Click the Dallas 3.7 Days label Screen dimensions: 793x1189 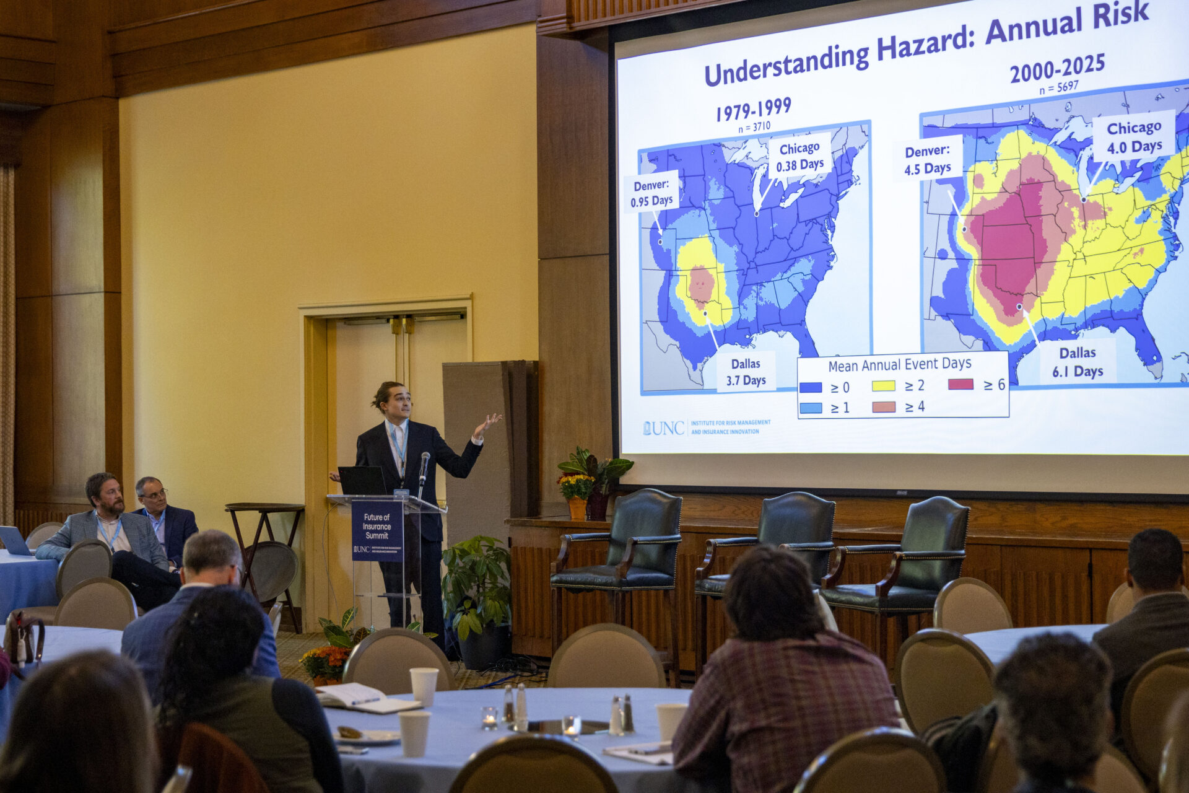click(746, 372)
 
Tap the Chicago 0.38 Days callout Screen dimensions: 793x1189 click(799, 156)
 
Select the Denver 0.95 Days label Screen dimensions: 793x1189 click(651, 193)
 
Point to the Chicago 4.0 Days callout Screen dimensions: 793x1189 click(1134, 137)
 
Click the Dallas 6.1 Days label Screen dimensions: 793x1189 click(1078, 362)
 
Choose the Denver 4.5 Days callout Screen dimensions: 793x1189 click(927, 159)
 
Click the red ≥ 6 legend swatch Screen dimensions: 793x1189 click(960, 384)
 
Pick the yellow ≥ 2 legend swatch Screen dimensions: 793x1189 click(883, 386)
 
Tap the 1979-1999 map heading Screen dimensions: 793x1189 click(753, 110)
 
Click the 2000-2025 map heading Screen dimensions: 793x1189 click(1057, 68)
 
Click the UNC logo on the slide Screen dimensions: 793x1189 click(663, 428)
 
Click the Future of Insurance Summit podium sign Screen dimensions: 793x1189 click(377, 530)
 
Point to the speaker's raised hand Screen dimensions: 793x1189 click(486, 424)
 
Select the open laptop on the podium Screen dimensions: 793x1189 click(362, 480)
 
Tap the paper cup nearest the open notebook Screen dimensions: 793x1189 click(424, 685)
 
